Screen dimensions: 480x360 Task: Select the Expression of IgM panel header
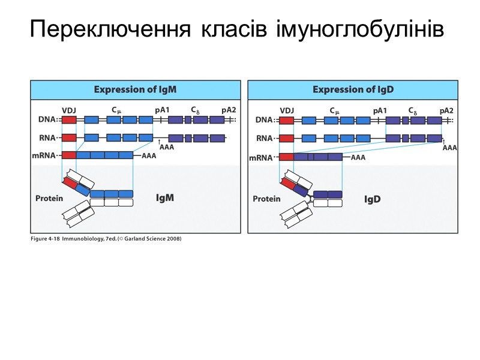135,89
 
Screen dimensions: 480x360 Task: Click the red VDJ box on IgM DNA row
69,120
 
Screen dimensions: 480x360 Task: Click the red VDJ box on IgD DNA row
287,120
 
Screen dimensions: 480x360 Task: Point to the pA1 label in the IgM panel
162,110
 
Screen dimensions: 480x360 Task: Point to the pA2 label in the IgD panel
446,110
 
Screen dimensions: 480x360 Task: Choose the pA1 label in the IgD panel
380,110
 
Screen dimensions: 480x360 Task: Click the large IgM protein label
164,197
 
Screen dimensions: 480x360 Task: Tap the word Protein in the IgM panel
49,199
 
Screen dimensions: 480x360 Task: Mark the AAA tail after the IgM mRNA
148,155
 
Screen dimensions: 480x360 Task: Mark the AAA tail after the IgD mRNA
358,157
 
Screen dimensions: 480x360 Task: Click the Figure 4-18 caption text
105,239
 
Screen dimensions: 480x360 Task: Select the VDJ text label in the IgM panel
68,110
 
